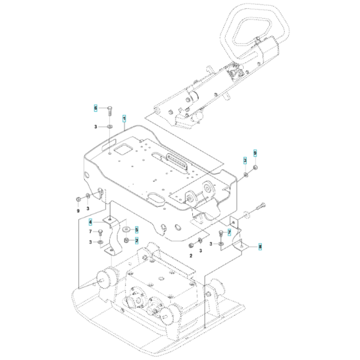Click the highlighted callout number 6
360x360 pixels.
tap(96, 108)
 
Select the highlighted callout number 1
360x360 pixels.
tap(124, 118)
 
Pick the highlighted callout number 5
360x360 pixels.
tap(136, 229)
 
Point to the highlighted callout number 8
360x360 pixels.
tap(260, 246)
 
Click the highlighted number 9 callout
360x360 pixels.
tap(255, 152)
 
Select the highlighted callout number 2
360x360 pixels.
tap(136, 240)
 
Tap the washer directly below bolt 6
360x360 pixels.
tap(110, 128)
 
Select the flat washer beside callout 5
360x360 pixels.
tap(125, 229)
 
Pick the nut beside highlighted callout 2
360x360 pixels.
tap(127, 240)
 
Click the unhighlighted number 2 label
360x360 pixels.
tap(190, 255)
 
